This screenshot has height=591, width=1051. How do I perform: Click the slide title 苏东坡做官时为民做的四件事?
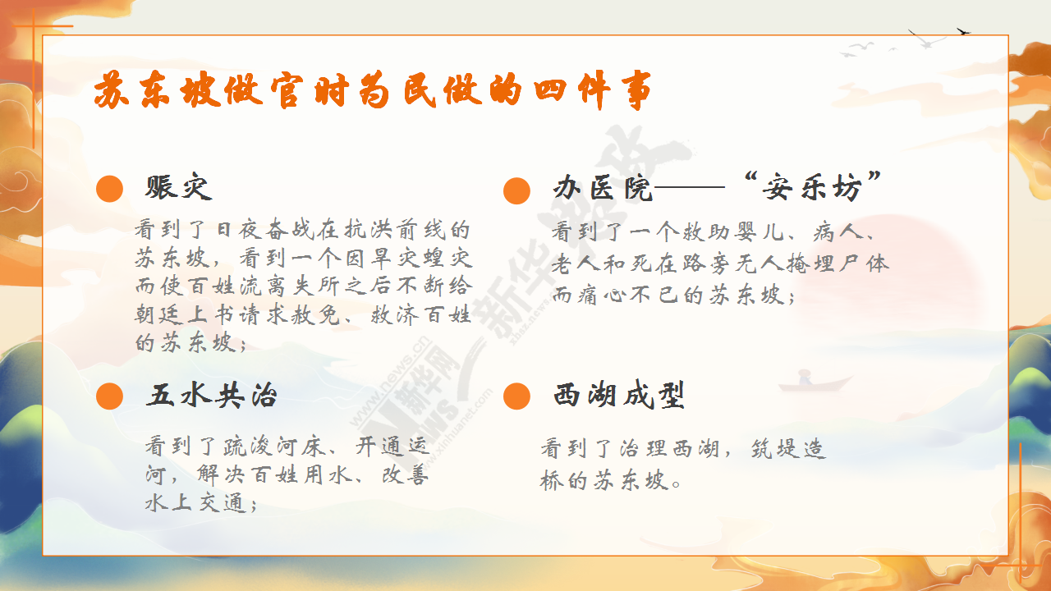(x=373, y=90)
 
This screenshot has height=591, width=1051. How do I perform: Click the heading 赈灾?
(x=178, y=188)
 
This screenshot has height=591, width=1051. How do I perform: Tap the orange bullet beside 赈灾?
(x=110, y=189)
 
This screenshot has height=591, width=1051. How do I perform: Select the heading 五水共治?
(x=212, y=396)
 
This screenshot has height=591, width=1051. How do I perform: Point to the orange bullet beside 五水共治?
(x=110, y=396)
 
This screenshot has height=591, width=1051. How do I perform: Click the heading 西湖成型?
(x=619, y=396)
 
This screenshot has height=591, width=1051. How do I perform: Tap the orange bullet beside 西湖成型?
(x=516, y=396)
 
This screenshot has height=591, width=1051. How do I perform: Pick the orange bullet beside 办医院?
(x=516, y=191)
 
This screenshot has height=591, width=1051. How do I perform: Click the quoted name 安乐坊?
(x=812, y=188)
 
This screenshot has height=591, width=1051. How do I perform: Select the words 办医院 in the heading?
(x=603, y=189)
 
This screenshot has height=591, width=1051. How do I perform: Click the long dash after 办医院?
(x=689, y=187)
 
